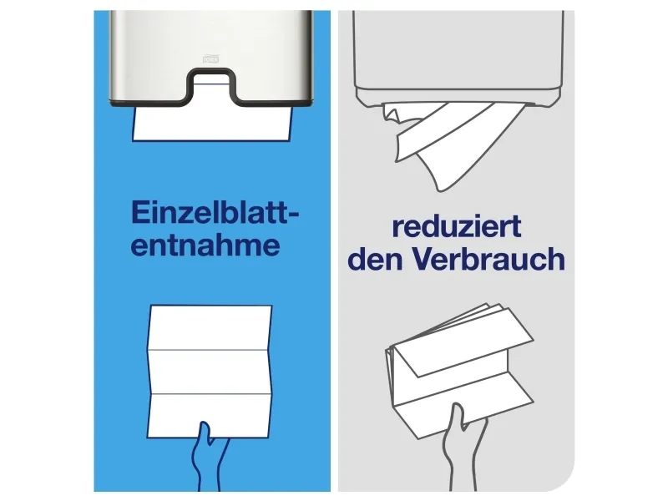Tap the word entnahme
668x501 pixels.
(x=205, y=245)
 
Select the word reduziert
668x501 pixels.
(x=456, y=226)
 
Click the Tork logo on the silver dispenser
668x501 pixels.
(x=210, y=58)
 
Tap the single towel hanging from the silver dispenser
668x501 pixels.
(x=213, y=124)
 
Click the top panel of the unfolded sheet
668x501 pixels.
(x=210, y=327)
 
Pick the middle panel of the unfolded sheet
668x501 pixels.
(x=210, y=372)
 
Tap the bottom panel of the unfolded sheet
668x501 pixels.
(x=210, y=415)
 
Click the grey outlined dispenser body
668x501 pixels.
(x=458, y=58)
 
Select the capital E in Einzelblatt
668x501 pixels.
(x=139, y=212)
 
